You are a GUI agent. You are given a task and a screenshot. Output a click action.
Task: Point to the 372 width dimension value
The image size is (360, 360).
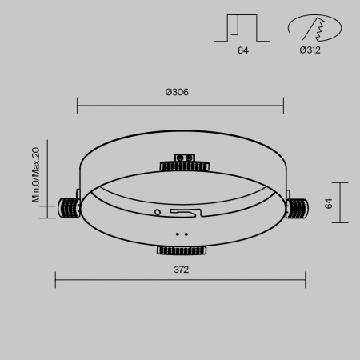tap(180, 270)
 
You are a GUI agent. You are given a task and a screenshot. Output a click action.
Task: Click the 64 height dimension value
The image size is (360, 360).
tap(328, 203)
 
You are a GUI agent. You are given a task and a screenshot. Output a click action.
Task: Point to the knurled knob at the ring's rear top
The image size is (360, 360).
tap(184, 166)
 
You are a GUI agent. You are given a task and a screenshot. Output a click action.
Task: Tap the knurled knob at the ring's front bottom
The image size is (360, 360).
tap(181, 250)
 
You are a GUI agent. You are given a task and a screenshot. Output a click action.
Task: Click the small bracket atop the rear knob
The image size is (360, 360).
tap(184, 156)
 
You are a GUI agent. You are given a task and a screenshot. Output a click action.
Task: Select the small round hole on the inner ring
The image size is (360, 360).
tap(158, 212)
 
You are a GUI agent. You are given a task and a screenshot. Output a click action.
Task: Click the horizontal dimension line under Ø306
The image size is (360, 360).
tap(180, 104)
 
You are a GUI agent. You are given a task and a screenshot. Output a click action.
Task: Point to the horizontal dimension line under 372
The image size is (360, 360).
tap(180, 279)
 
